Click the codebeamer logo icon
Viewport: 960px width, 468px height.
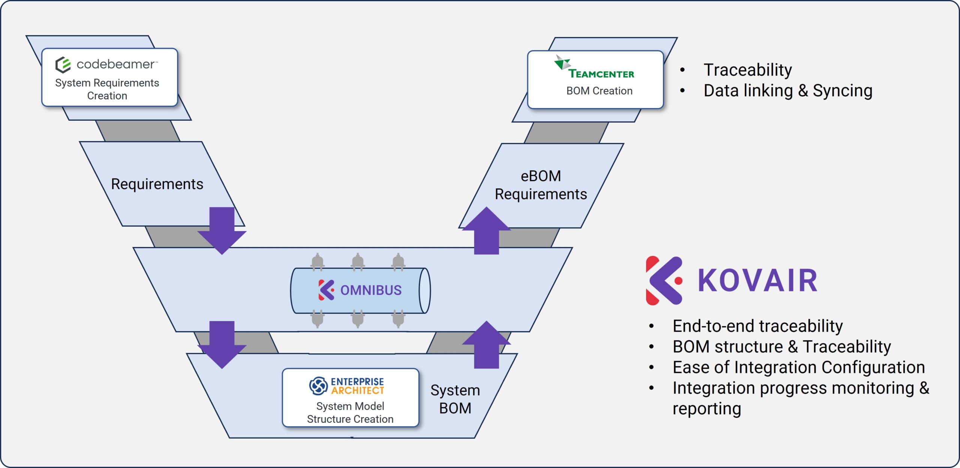(x=63, y=65)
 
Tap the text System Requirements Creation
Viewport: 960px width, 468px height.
(x=107, y=89)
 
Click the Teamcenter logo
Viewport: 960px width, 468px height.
(x=594, y=68)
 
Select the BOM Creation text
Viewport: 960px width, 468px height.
(x=599, y=91)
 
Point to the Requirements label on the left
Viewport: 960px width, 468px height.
(x=157, y=184)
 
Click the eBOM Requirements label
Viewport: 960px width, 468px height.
(x=540, y=185)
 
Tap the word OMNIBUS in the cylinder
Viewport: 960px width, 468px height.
(x=370, y=290)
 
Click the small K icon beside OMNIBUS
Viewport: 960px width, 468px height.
(x=326, y=290)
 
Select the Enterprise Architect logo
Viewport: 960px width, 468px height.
(x=346, y=386)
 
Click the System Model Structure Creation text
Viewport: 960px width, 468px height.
(x=350, y=412)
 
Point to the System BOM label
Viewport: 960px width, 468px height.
(x=455, y=399)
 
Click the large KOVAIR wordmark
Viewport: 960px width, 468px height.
(x=757, y=280)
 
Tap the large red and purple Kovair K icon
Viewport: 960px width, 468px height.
(x=663, y=280)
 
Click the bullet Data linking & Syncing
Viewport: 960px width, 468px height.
(x=787, y=91)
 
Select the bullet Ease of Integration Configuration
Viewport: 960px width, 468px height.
(x=798, y=367)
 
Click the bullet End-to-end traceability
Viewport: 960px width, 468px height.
(x=757, y=326)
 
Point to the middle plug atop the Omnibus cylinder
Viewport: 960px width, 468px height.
(x=358, y=261)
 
